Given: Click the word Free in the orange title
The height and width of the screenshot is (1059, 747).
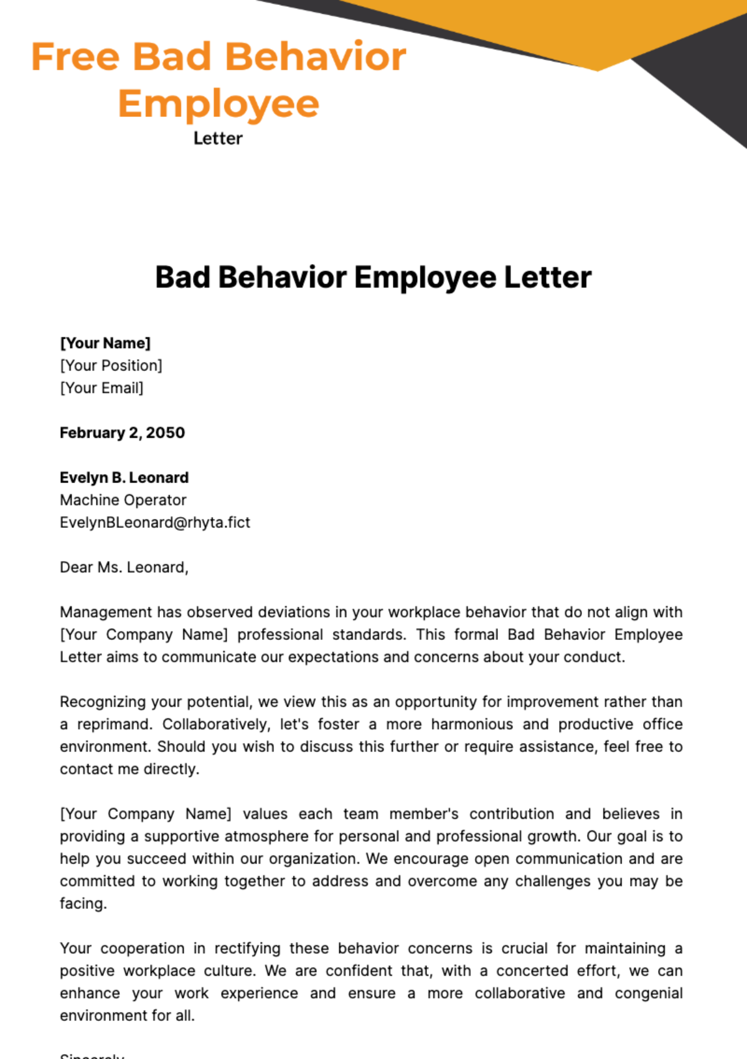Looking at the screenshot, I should click(x=75, y=57).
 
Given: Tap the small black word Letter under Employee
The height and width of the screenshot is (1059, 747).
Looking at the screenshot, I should click(x=218, y=138).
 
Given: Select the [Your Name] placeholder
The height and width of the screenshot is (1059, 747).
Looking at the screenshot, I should click(x=105, y=343).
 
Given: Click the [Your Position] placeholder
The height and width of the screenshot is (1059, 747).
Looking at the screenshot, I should click(x=111, y=365).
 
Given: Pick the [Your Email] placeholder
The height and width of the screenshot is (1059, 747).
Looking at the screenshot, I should click(x=101, y=388).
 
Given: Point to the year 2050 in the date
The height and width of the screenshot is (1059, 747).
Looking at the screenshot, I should click(x=165, y=433).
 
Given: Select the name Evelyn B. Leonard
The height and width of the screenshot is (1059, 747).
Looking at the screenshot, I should click(x=124, y=478).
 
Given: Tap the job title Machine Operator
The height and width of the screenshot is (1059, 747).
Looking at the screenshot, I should click(x=123, y=500).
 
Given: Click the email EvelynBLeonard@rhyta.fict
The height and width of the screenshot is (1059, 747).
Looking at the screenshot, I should click(x=154, y=522).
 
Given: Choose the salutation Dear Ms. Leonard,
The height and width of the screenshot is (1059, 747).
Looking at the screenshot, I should click(x=124, y=567).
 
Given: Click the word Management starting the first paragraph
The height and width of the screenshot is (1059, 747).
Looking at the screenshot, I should click(x=105, y=612).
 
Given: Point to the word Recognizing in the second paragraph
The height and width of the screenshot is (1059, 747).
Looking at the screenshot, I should click(x=103, y=702).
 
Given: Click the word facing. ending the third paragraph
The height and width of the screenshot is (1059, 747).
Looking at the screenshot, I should click(x=83, y=903).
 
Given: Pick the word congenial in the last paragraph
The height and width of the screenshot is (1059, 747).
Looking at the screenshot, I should click(x=648, y=993).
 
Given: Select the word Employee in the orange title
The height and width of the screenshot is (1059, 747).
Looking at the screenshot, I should click(x=218, y=103).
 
